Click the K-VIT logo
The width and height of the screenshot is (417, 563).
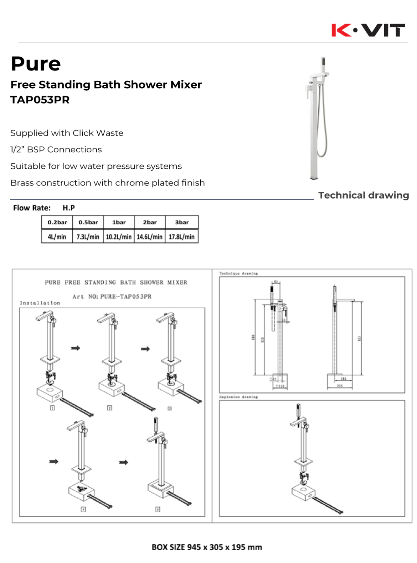point(368,30)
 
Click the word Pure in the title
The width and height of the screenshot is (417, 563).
point(36,64)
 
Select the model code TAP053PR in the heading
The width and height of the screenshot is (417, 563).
point(40,100)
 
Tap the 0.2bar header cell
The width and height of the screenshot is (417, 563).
point(57,222)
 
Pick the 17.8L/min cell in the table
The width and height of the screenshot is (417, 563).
point(181,237)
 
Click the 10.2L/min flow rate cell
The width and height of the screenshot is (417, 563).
point(119,237)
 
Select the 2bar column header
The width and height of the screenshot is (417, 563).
point(150,222)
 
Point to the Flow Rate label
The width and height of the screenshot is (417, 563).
point(32,208)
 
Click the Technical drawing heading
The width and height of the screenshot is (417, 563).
point(363,195)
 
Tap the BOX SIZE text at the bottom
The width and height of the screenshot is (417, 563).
point(207,547)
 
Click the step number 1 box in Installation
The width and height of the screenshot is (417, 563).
point(52,408)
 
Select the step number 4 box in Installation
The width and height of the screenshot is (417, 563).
point(83,509)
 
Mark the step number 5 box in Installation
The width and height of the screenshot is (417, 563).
point(158,509)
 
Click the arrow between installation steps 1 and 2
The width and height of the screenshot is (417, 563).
point(75,348)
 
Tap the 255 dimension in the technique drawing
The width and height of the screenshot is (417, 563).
point(340,386)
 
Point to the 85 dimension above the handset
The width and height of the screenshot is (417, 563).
point(276,282)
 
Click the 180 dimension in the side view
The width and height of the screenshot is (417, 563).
point(343,379)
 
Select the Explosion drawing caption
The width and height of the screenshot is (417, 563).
point(238,397)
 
